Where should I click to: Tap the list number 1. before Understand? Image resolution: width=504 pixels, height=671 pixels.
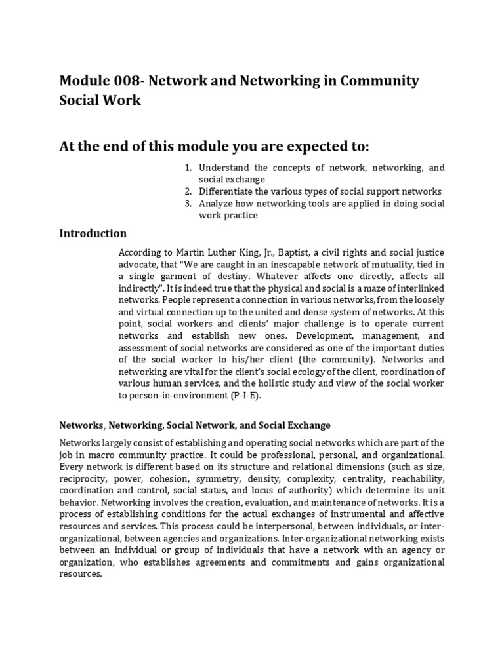point(188,168)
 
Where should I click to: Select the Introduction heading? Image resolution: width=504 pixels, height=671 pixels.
point(93,233)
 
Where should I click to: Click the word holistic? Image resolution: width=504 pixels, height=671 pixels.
point(292,383)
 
